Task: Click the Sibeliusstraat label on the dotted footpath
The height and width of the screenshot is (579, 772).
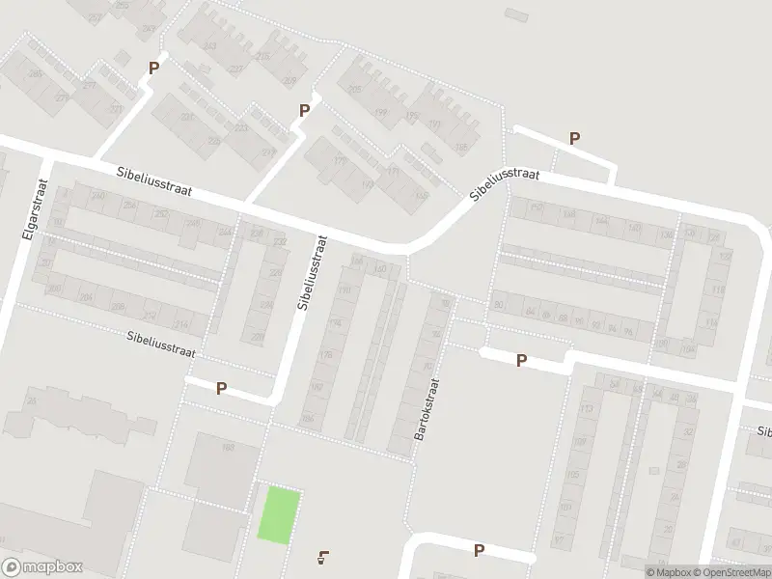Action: [161, 345]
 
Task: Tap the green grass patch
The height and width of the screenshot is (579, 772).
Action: [279, 514]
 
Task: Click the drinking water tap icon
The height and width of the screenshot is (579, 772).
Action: [322, 556]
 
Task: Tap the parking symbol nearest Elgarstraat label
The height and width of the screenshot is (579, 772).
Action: [152, 69]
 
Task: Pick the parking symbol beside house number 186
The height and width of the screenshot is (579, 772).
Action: [221, 389]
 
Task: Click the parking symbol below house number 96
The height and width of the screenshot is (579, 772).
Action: [522, 361]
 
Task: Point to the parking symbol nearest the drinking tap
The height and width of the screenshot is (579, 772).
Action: [479, 551]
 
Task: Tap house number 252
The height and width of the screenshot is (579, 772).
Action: [161, 214]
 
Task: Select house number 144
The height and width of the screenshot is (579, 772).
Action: [602, 221]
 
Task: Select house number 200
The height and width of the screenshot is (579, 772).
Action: [55, 288]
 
